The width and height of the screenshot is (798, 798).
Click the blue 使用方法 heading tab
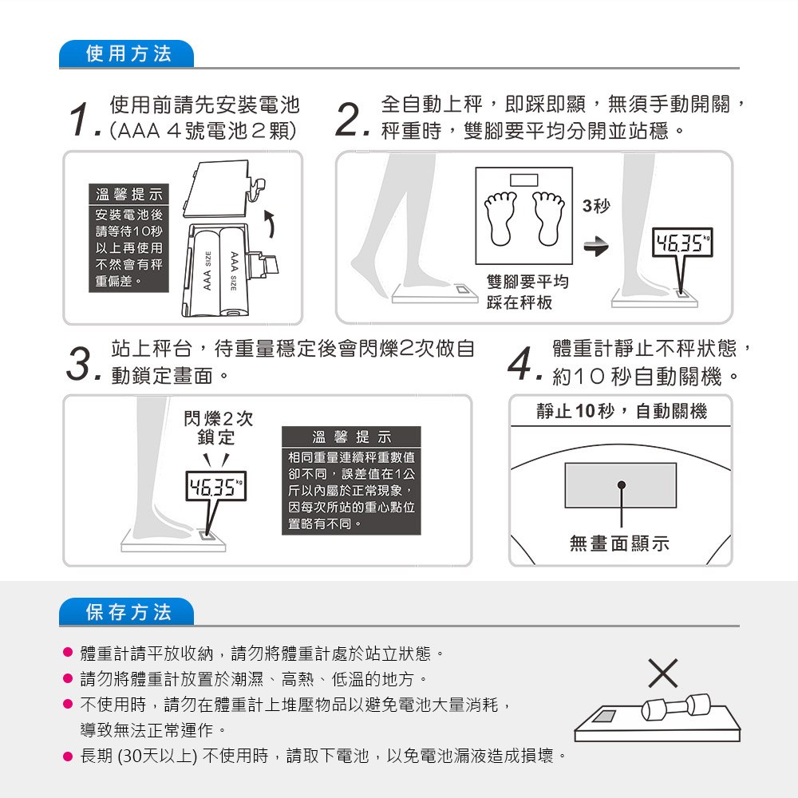(127, 53)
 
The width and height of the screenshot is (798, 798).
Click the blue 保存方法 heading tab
(127, 612)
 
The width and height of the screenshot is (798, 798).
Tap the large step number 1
(82, 120)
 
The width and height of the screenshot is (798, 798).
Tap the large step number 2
(351, 120)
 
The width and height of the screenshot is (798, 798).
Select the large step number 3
(81, 364)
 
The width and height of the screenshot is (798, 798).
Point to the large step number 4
(524, 364)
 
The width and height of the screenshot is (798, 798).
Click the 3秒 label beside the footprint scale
(596, 206)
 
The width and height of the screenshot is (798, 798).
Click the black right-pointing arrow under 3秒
(596, 247)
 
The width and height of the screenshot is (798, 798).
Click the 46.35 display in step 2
(682, 243)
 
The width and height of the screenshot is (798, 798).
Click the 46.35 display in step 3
(215, 486)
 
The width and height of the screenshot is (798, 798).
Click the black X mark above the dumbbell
(663, 673)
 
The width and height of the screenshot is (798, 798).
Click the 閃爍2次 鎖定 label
(218, 428)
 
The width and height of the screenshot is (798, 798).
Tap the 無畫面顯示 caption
(619, 543)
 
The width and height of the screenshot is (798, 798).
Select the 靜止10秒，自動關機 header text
(622, 411)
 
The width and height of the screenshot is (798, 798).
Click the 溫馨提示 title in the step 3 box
(351, 437)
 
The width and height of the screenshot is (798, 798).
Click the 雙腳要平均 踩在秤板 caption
(527, 291)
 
